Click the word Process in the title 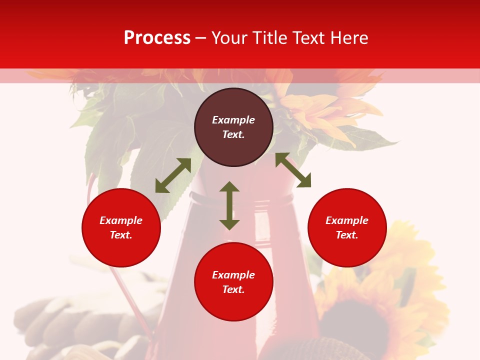157,38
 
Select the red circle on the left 121,227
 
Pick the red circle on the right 347,227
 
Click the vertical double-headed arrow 229,205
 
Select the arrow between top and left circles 173,175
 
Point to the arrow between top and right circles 293,170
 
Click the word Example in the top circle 233,120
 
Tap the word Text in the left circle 121,235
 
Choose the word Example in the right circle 347,220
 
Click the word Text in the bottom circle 233,289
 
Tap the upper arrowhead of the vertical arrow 229,186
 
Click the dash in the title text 201,38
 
